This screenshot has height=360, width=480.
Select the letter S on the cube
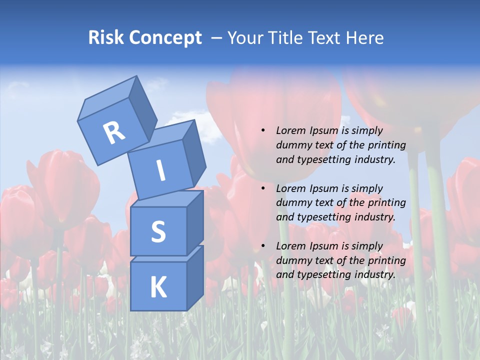(158, 231)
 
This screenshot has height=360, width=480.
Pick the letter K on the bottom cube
(158, 287)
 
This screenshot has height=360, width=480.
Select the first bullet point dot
(263, 130)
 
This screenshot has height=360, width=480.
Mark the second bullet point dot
(263, 188)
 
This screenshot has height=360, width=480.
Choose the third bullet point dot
(263, 246)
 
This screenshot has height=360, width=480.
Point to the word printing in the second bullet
(387, 202)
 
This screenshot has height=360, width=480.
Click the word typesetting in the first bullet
(319, 159)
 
